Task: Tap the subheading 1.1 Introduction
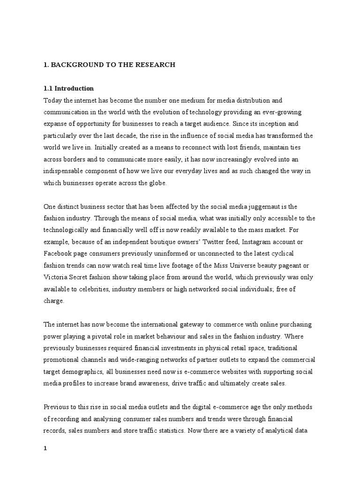click(x=68, y=88)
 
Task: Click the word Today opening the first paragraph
click(x=52, y=100)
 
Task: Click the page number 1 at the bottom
click(x=45, y=448)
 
